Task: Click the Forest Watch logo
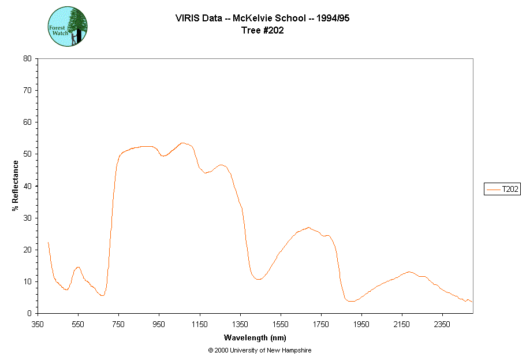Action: pos(68,27)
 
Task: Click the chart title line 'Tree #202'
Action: pos(263,31)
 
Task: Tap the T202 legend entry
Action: pos(502,189)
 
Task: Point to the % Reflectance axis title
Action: pos(16,185)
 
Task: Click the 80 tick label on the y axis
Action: pos(27,58)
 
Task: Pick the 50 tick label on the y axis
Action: pos(27,154)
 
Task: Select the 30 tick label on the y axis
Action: pos(27,218)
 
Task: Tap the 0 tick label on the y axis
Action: pos(29,313)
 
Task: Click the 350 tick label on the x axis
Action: pos(38,324)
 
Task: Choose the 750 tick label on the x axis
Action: pos(118,324)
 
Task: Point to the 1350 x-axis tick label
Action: pos(240,324)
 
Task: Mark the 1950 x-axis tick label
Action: pos(361,324)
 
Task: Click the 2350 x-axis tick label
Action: pos(442,324)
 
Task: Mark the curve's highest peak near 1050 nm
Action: pos(182,143)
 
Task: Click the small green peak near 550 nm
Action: pos(78,267)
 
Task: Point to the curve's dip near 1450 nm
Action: pos(259,279)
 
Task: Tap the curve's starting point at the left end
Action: pos(48,242)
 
